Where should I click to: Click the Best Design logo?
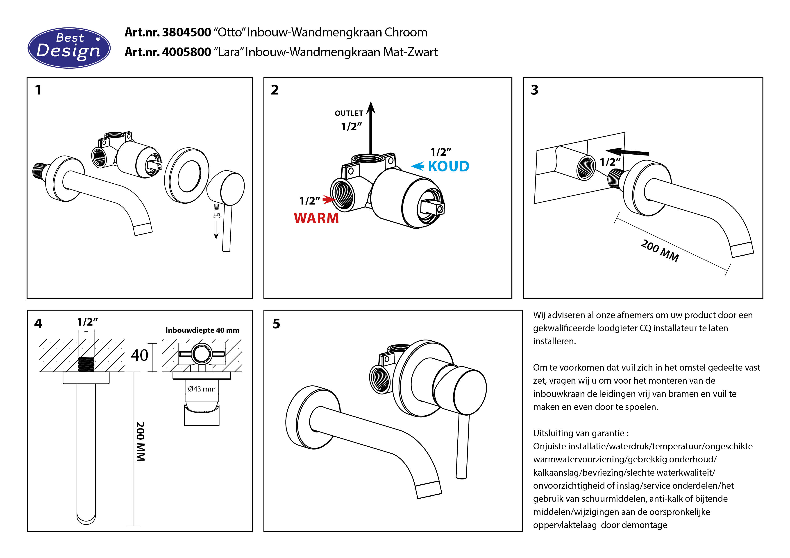(x=69, y=48)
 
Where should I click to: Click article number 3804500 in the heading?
(x=186, y=32)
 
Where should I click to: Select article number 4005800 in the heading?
(x=186, y=52)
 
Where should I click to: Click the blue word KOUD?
(x=448, y=166)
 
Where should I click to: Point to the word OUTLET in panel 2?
(x=349, y=113)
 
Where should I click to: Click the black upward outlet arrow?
(x=371, y=127)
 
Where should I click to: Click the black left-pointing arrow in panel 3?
(x=627, y=152)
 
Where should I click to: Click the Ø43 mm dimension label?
(x=202, y=389)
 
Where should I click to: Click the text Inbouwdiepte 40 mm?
(x=202, y=330)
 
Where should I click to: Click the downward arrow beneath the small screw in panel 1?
(x=216, y=230)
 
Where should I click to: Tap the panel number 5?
(x=276, y=324)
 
